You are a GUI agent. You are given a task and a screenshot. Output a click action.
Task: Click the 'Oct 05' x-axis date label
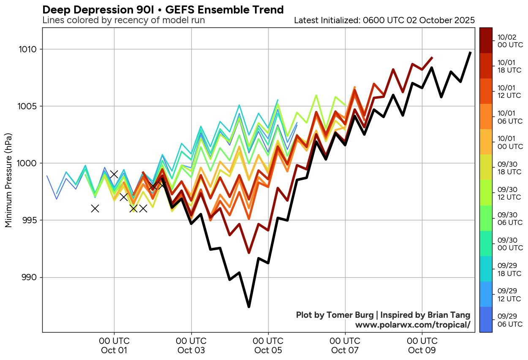pos(268,350)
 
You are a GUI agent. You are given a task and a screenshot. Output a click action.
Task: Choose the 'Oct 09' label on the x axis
pos(422,350)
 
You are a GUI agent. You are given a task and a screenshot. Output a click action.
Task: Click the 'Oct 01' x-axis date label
pos(114,350)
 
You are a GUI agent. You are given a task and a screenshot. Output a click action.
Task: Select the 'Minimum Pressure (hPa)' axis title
pos(8,180)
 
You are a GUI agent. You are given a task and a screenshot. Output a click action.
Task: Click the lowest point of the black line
pos(249,307)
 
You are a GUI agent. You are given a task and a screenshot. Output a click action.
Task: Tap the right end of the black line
pos(470,52)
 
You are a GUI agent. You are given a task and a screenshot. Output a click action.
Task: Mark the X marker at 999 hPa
pos(114,174)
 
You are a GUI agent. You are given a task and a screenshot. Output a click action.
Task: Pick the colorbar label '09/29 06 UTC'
pos(510,320)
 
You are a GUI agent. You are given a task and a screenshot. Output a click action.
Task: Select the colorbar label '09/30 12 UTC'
pos(510,193)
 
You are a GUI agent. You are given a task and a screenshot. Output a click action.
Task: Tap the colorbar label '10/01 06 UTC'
pos(510,117)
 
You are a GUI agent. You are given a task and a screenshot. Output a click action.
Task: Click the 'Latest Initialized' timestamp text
pos(384,20)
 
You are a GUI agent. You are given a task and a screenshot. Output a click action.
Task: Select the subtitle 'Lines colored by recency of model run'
pos(124,20)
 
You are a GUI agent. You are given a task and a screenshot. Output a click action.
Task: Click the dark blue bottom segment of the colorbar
pos(486,319)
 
